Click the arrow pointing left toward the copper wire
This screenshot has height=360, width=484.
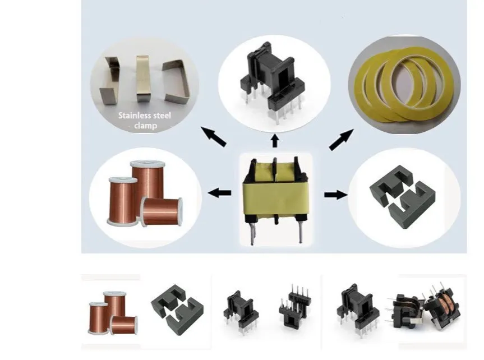219,193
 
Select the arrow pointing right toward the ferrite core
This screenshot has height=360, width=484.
333,194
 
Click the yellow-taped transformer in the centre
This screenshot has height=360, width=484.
274,193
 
